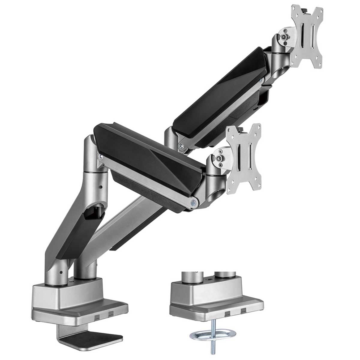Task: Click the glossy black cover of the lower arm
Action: pyautogui.click(x=150, y=150)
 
